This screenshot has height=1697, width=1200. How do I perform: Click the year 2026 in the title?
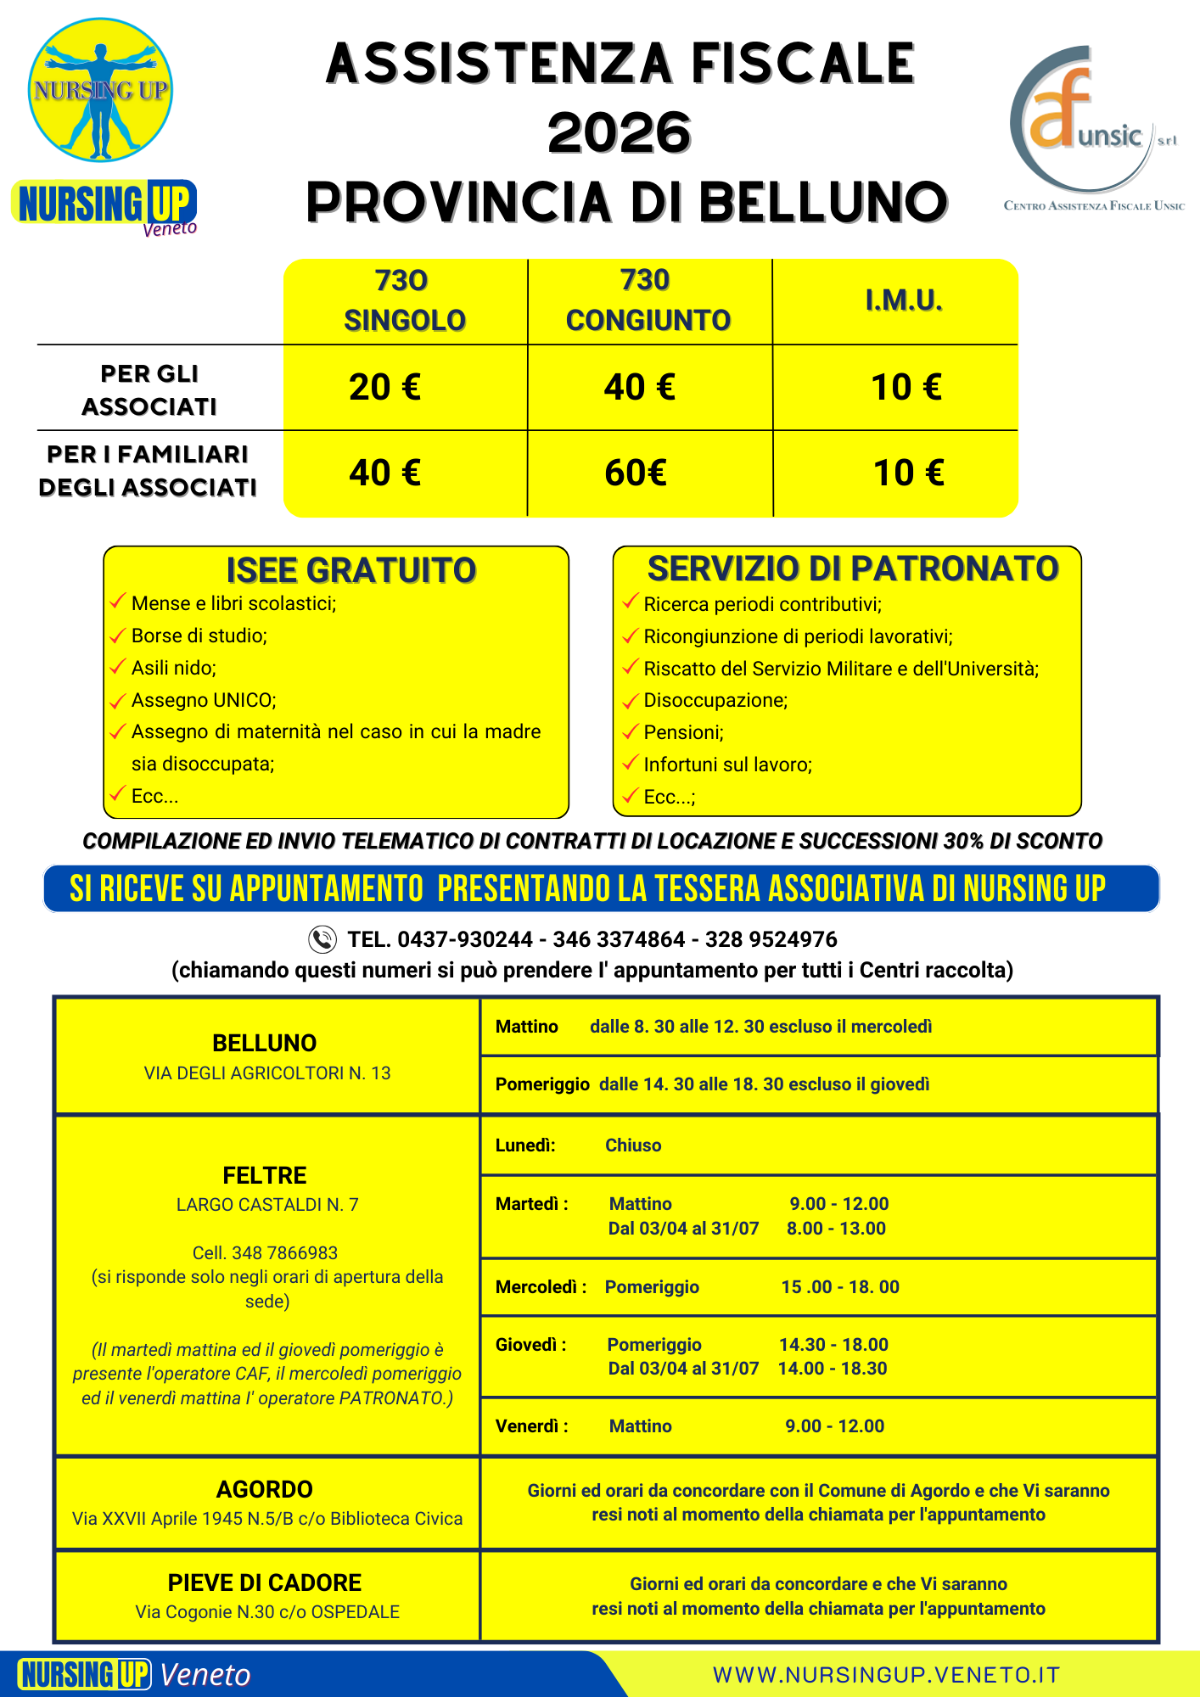pyautogui.click(x=620, y=134)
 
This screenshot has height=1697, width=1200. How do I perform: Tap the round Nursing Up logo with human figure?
pyautogui.click(x=100, y=91)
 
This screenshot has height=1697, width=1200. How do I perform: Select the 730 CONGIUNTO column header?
pyautogui.click(x=648, y=300)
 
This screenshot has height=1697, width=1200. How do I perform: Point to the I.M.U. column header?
pyautogui.click(x=904, y=300)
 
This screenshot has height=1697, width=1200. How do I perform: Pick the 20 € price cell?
pyautogui.click(x=384, y=388)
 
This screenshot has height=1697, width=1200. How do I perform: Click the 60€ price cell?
pyautogui.click(x=636, y=473)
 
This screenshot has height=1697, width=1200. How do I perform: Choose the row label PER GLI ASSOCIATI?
pyautogui.click(x=149, y=390)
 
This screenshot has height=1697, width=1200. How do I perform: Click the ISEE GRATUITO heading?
pyautogui.click(x=351, y=571)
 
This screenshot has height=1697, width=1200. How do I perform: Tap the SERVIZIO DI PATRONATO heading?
pyautogui.click(x=853, y=569)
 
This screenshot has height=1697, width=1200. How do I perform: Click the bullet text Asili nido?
pyautogui.click(x=174, y=669)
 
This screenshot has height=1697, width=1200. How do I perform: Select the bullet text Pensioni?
pyautogui.click(x=683, y=733)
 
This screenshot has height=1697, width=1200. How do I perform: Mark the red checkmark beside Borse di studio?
pyautogui.click(x=118, y=636)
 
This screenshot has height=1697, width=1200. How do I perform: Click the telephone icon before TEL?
pyautogui.click(x=322, y=939)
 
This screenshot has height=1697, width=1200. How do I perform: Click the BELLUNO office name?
pyautogui.click(x=265, y=1043)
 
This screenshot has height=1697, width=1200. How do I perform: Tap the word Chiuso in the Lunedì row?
pyautogui.click(x=633, y=1145)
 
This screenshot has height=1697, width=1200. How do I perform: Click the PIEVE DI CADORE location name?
pyautogui.click(x=265, y=1583)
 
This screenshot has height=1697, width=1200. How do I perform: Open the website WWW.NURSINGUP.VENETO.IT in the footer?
pyautogui.click(x=887, y=1675)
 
